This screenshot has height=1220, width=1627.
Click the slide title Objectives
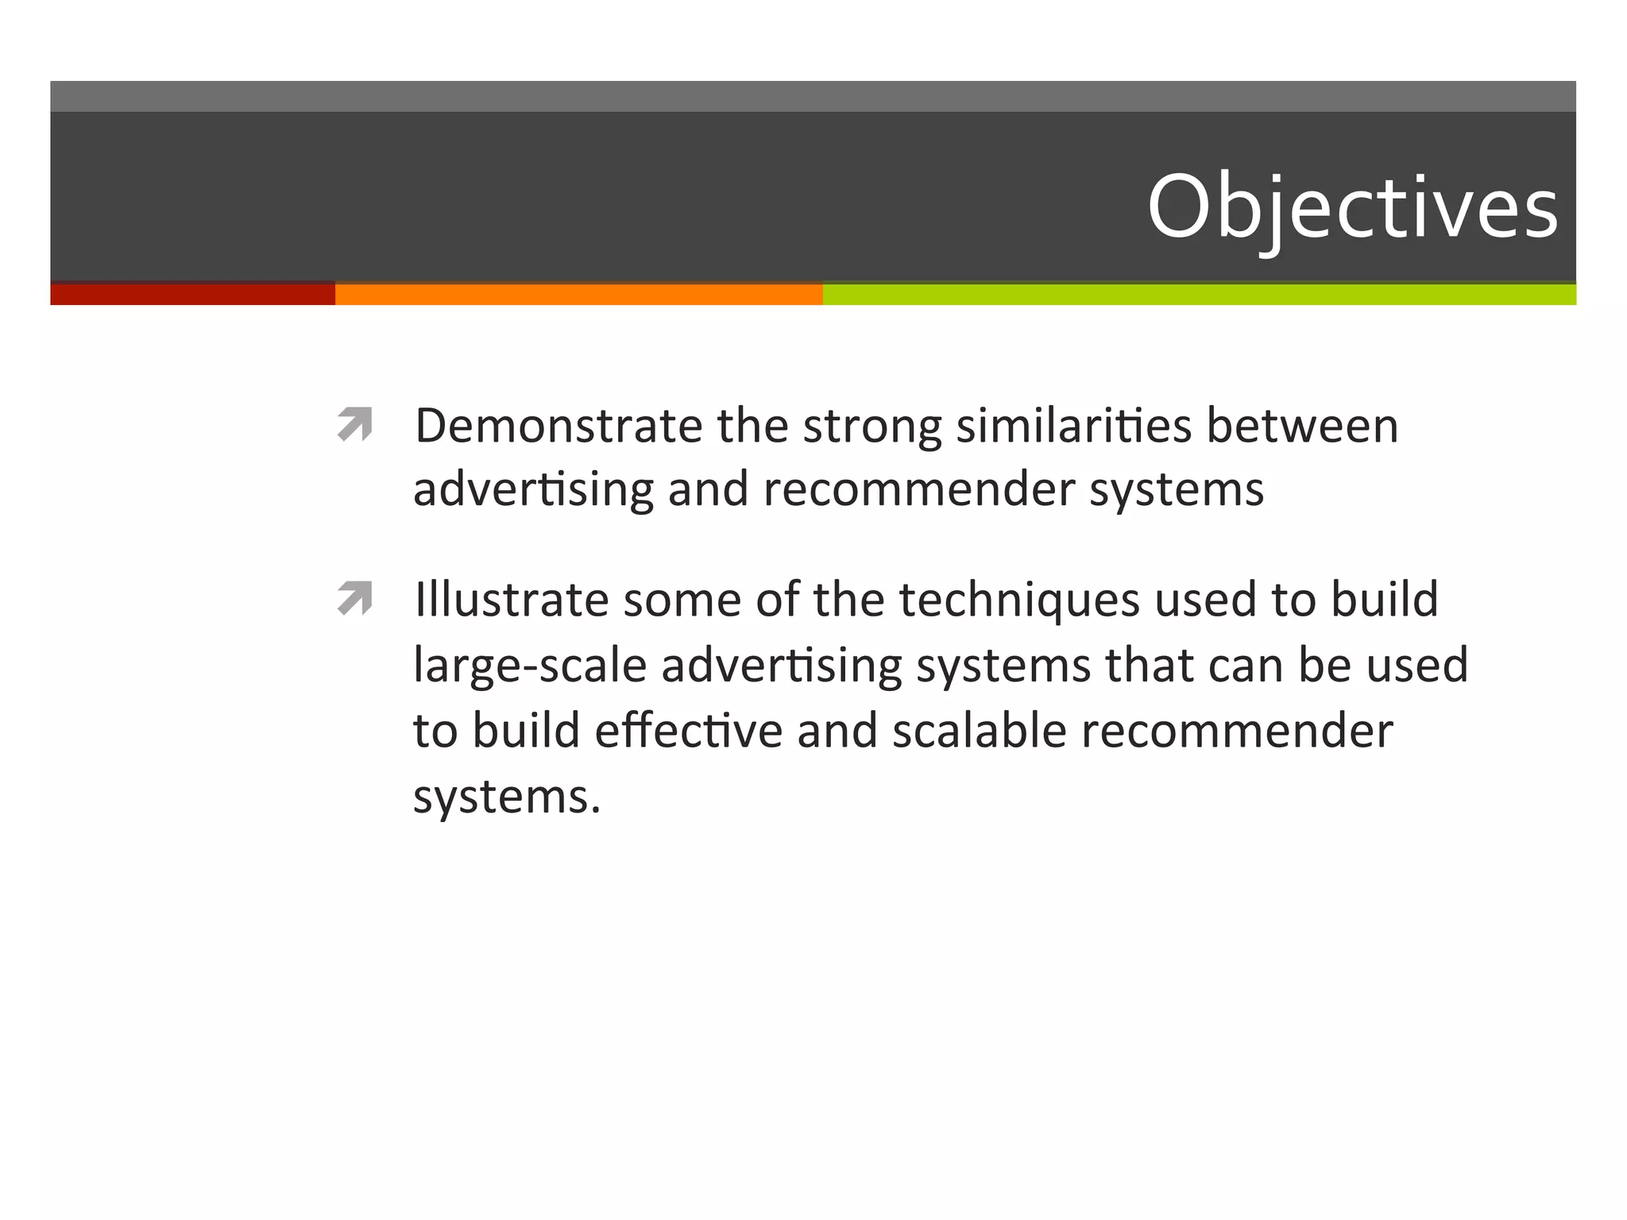pos(1352,208)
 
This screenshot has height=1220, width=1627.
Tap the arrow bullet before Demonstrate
pos(354,424)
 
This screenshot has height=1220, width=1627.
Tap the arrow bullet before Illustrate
pos(354,598)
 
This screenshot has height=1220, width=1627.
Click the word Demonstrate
pos(558,426)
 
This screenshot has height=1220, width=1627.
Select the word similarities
pos(1073,426)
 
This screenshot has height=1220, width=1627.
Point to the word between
pos(1302,426)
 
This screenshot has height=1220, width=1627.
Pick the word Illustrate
pos(511,599)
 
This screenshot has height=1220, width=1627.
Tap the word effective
pos(688,731)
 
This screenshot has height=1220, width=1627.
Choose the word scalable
pos(978,731)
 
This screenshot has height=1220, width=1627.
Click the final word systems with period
pos(506,797)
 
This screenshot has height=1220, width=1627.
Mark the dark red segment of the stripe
pos(192,294)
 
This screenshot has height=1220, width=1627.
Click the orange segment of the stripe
pos(578,294)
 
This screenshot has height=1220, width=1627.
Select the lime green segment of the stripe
pos(1198,294)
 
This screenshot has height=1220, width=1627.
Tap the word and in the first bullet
pos(708,489)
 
